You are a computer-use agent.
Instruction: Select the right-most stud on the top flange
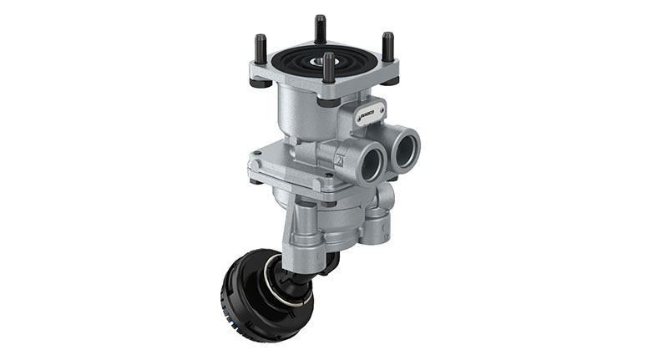pos(387,45)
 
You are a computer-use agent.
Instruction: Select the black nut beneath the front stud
pos(329,101)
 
